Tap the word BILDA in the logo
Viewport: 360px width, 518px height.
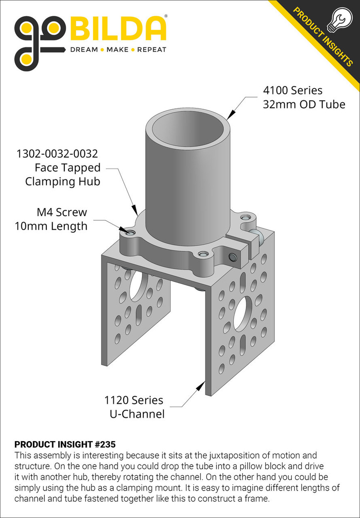(118, 29)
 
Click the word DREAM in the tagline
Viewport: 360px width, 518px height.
(84, 50)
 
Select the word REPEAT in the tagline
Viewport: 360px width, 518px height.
(152, 50)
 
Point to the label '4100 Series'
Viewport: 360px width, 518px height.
(292, 91)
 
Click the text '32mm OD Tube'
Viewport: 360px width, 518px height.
(304, 104)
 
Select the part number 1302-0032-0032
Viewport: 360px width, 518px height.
(57, 154)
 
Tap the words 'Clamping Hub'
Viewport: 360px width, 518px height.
(62, 182)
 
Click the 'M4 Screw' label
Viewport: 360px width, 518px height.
(62, 212)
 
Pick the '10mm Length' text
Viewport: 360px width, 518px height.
(51, 226)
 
